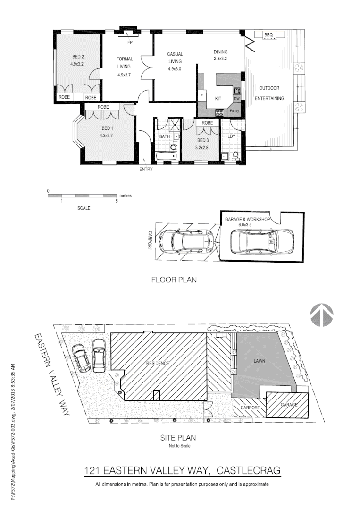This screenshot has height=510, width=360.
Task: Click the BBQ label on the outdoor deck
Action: [268, 35]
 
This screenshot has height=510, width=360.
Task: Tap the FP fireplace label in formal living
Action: [129, 42]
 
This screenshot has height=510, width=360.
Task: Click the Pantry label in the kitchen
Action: [234, 111]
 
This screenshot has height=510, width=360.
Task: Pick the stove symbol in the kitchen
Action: [220, 112]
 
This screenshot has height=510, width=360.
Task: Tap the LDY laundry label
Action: [231, 136]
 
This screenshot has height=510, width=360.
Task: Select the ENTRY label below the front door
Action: [146, 170]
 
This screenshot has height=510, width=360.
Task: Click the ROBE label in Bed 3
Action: [207, 123]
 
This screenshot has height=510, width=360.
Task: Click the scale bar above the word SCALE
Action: [83, 195]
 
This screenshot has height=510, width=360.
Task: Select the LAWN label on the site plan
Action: [259, 361]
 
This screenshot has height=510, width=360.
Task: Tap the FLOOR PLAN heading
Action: [174, 280]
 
